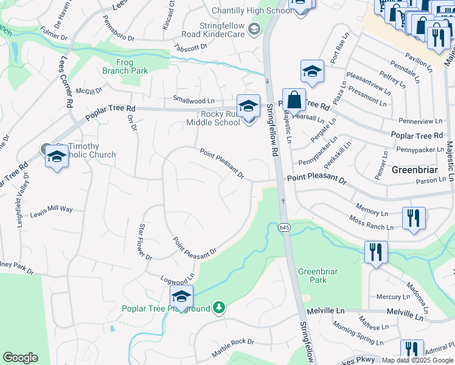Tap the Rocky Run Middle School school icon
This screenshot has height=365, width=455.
pyautogui.click(x=248, y=106)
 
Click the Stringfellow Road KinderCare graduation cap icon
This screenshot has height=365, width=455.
pyautogui.click(x=254, y=29)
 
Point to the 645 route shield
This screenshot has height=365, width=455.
pyautogui.click(x=284, y=227)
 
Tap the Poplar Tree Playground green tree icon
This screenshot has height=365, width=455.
pyautogui.click(x=218, y=308)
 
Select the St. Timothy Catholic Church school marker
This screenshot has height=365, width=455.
pyautogui.click(x=57, y=156)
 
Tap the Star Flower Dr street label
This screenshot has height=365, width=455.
pyautogui.click(x=145, y=242)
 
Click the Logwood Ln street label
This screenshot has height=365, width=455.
pyautogui.click(x=177, y=277)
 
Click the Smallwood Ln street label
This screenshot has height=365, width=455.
pyautogui.click(x=194, y=100)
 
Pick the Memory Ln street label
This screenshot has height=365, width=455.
pyautogui.click(x=371, y=211)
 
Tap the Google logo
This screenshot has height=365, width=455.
pyautogui.click(x=21, y=358)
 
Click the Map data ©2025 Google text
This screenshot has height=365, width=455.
pyautogui.click(x=417, y=360)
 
